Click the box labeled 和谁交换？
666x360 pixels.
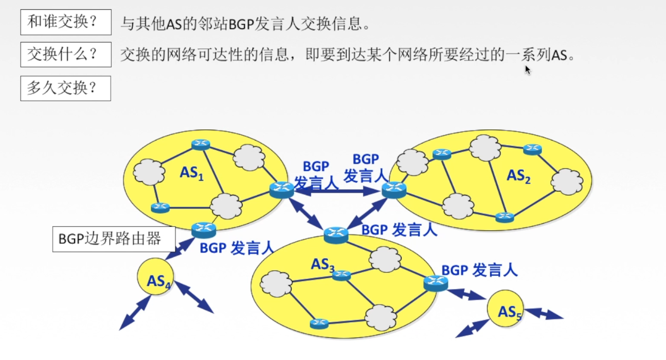(x=66, y=23)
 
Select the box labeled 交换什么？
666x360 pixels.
(x=66, y=55)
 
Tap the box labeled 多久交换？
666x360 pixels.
(x=66, y=88)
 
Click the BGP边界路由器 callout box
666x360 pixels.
(x=114, y=239)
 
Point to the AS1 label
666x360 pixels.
(x=192, y=173)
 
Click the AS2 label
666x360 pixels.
(x=518, y=176)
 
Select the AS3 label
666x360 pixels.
(x=322, y=264)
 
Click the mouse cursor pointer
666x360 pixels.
(x=527, y=69)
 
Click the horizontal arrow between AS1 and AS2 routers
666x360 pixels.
(x=338, y=191)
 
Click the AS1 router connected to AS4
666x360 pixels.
(x=204, y=229)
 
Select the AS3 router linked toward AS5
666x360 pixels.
(x=436, y=282)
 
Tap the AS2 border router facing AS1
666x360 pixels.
(x=394, y=190)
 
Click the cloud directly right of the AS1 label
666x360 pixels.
(x=249, y=157)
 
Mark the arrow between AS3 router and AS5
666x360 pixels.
(x=466, y=294)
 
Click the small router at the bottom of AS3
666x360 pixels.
(x=319, y=323)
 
